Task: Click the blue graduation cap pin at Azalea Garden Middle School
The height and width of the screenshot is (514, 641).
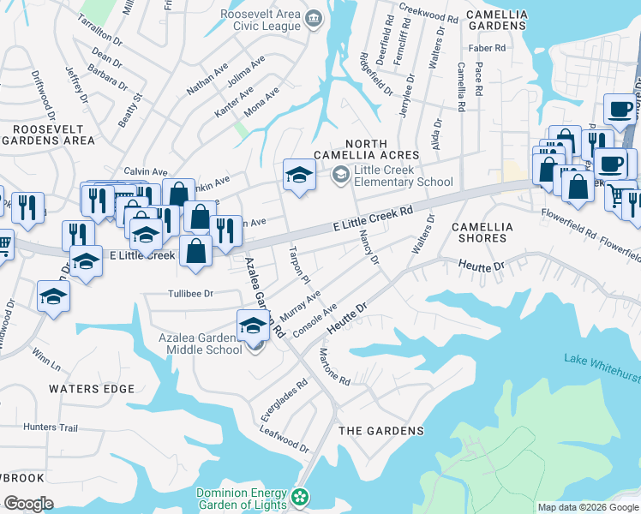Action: [253, 326]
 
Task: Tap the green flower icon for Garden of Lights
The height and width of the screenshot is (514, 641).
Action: [300, 497]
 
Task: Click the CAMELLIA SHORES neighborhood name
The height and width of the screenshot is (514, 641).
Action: [482, 232]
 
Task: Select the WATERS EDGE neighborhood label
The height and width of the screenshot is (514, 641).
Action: [92, 389]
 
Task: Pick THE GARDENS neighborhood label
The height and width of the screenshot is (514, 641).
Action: [381, 430]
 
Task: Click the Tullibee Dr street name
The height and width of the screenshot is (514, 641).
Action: [189, 293]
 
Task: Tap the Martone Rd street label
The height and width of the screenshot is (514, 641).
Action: [335, 367]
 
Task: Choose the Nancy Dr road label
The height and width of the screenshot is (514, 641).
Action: [369, 247]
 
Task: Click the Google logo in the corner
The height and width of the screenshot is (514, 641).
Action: [28, 503]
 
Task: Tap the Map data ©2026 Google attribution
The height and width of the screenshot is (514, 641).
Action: [588, 507]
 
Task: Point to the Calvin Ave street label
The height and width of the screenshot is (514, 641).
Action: [145, 171]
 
